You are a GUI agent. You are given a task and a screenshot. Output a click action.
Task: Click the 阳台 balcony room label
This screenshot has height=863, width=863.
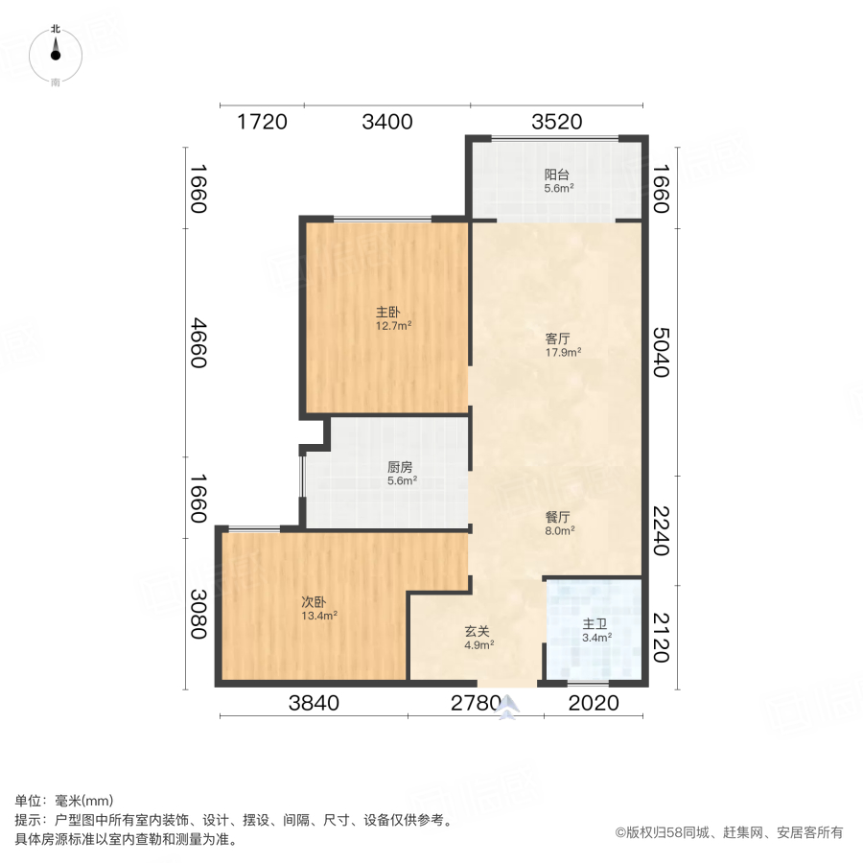click(557, 175)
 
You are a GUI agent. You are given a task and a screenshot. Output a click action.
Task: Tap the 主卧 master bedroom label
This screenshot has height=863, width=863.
click(387, 313)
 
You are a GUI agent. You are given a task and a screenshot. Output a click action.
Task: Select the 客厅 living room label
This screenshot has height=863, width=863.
click(557, 338)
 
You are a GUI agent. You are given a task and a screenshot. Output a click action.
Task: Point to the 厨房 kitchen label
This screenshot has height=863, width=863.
click(400, 467)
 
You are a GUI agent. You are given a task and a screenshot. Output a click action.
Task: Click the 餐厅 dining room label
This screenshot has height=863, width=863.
click(559, 516)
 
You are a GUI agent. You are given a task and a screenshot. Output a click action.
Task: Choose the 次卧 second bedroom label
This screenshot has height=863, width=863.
click(315, 602)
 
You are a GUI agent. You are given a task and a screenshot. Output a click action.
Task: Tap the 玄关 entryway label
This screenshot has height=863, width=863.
click(478, 632)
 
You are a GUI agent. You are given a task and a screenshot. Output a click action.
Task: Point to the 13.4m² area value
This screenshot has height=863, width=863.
click(319, 616)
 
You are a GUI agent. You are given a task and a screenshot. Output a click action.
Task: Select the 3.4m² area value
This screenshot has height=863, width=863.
click(597, 637)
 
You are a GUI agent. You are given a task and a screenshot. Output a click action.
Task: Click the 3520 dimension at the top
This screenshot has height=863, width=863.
click(557, 122)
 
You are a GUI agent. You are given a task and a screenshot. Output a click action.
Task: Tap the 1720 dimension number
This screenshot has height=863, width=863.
click(262, 122)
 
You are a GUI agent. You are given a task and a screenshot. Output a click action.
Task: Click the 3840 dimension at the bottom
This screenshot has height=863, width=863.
click(315, 704)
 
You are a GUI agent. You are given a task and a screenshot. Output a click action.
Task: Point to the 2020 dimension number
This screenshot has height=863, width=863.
click(595, 704)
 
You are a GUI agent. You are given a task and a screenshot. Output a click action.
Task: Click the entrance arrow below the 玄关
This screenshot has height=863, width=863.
click(509, 707)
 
